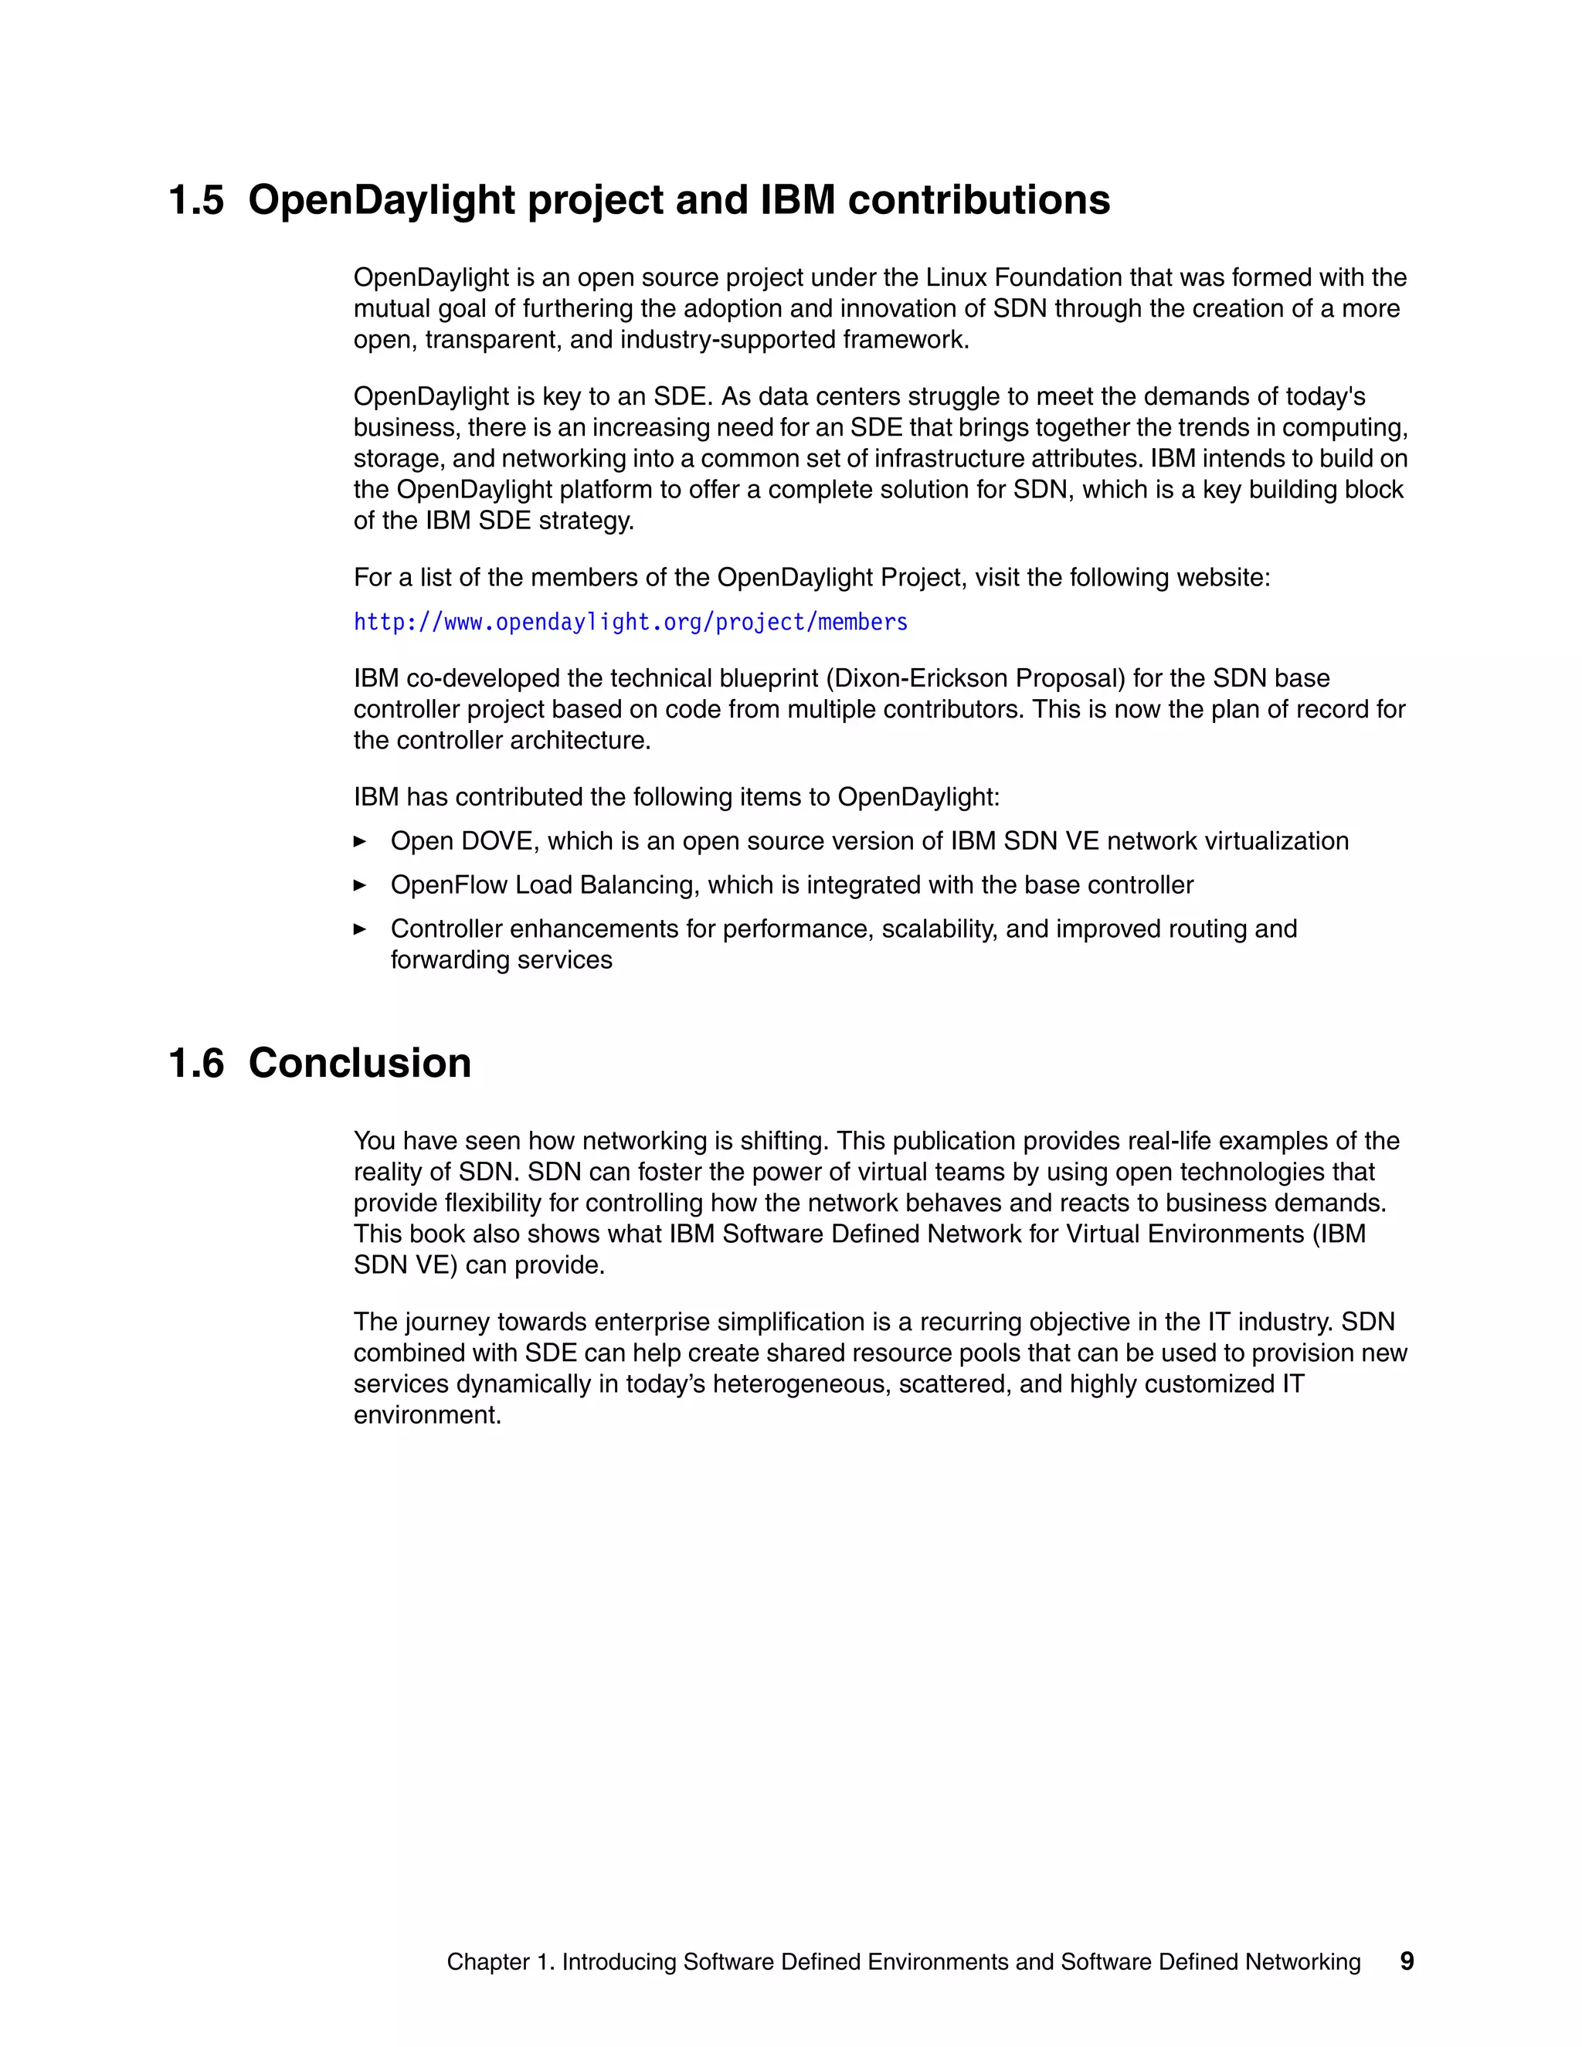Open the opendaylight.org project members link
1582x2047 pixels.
coord(630,623)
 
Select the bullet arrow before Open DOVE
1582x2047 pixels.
coord(360,842)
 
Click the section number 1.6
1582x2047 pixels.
coord(196,1064)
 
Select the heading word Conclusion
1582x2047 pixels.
coord(359,1064)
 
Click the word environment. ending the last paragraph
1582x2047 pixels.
coord(427,1415)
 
